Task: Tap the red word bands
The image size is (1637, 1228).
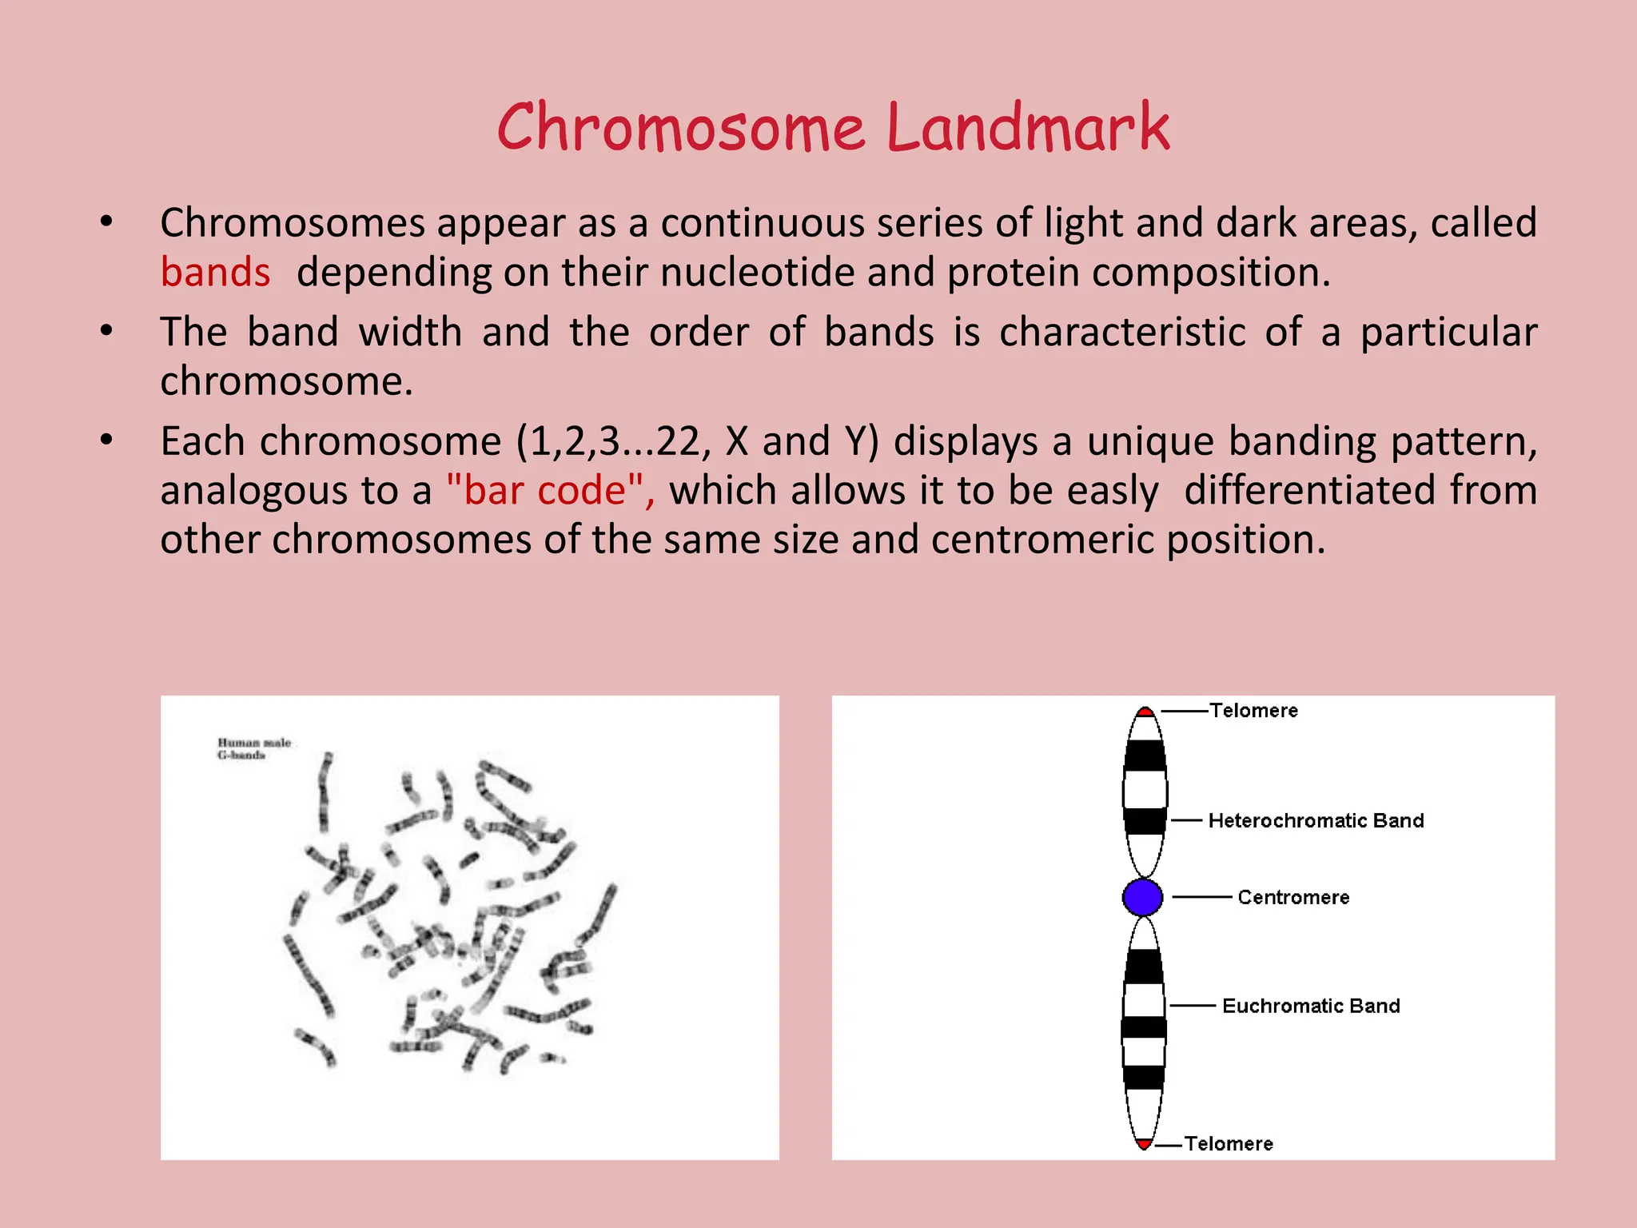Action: [x=215, y=273]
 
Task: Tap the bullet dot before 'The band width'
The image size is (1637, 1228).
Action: [x=106, y=330]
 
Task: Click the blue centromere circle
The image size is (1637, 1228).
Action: [x=1142, y=897]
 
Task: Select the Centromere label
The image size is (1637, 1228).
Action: [x=1292, y=898]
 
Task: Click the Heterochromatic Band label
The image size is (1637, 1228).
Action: [x=1316, y=821]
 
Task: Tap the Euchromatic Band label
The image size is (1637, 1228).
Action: [x=1311, y=1007]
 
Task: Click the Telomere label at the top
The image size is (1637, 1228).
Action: [x=1253, y=711]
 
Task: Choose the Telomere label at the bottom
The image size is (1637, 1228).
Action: [x=1229, y=1144]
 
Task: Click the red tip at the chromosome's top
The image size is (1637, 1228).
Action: [x=1145, y=712]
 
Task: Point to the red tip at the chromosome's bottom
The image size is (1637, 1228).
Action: [x=1144, y=1144]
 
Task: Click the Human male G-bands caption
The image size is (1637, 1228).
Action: [x=253, y=748]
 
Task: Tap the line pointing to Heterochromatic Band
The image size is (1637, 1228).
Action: [x=1187, y=821]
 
